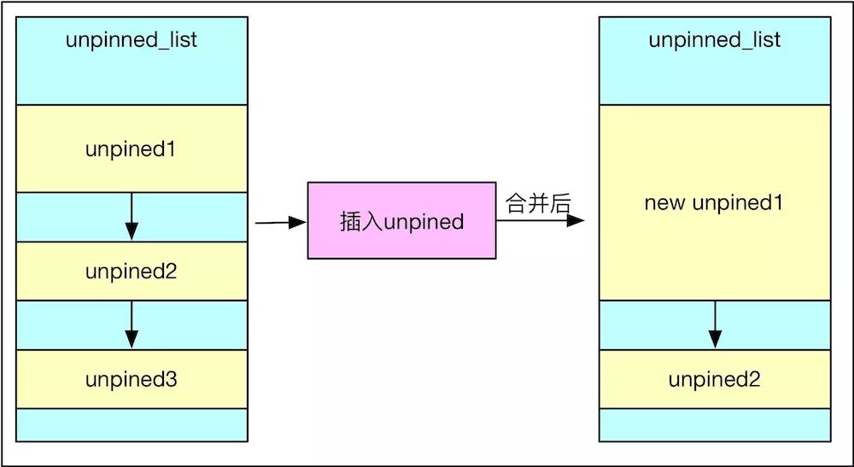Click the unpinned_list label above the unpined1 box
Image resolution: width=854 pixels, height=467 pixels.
[132, 40]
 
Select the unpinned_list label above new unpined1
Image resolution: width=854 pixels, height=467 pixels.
[714, 40]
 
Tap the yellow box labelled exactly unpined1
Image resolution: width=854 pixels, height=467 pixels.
[132, 149]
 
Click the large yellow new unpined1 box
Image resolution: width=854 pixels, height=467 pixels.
[714, 202]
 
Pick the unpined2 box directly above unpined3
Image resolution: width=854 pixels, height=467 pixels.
[132, 271]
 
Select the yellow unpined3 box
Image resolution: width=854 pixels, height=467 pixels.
[132, 379]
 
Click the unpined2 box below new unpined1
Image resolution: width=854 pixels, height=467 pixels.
[714, 379]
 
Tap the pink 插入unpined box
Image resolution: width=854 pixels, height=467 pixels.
[401, 221]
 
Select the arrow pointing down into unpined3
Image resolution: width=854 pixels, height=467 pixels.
[132, 324]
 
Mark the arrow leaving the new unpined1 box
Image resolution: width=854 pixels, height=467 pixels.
[715, 324]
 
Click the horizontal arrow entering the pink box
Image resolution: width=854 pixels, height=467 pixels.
[280, 223]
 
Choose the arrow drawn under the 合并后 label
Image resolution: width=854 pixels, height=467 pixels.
[540, 220]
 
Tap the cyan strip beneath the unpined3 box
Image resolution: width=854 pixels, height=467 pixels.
[132, 424]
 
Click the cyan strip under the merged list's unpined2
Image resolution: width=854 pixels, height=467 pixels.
[714, 424]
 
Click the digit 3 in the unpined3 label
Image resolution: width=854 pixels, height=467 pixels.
[172, 379]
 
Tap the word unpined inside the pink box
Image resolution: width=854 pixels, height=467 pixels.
[424, 222]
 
